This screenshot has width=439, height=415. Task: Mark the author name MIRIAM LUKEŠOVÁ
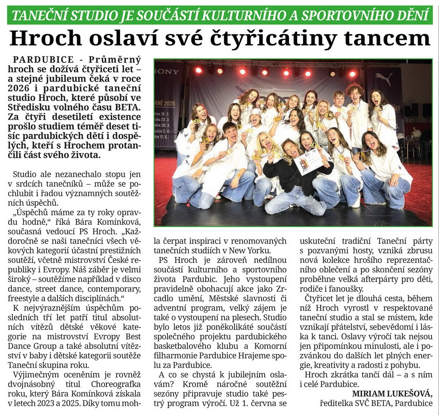(392, 393)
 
